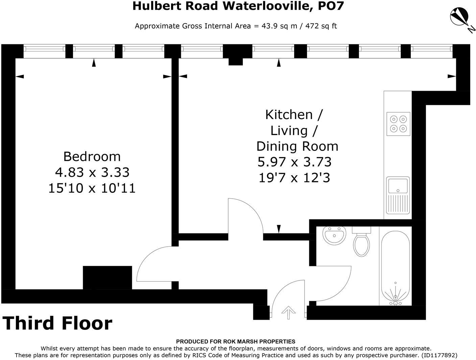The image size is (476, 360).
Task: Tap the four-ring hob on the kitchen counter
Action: [398, 124]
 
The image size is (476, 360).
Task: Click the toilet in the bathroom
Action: [361, 243]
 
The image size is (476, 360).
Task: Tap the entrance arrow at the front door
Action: [288, 312]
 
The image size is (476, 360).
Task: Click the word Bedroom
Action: [92, 157]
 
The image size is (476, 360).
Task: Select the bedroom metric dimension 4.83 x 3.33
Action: [92, 172]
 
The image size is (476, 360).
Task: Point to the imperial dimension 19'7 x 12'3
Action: [294, 178]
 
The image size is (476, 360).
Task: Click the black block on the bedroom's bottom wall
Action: [108, 277]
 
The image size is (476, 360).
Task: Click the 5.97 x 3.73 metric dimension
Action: [294, 162]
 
